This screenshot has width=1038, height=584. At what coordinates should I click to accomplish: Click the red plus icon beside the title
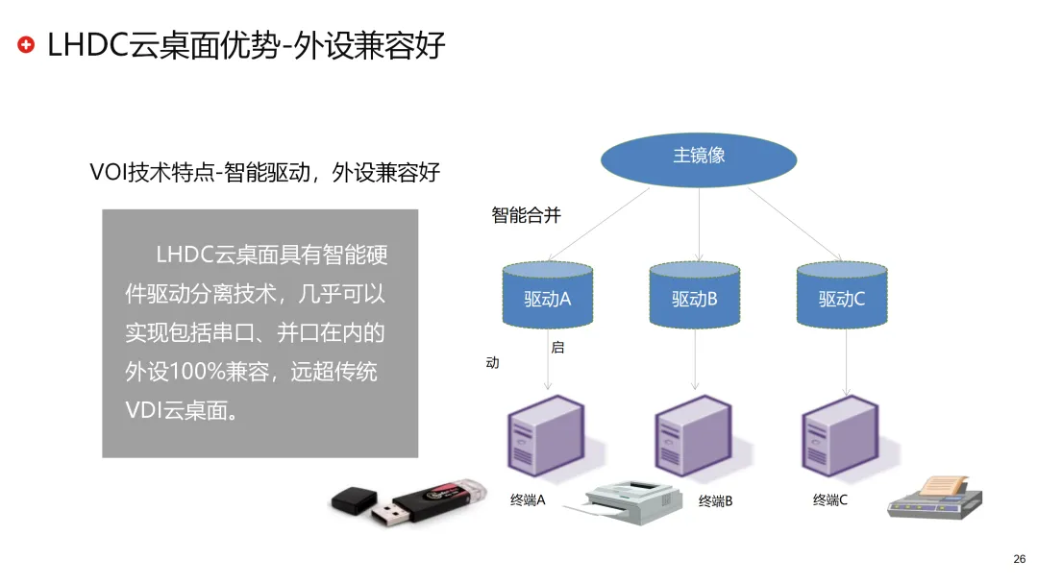27,45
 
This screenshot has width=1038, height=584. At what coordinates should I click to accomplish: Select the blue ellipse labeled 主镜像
699,156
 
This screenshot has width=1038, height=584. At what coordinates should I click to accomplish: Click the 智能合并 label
526,215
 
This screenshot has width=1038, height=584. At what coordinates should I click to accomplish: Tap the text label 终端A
528,500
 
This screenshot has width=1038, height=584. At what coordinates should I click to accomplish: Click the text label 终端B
715,501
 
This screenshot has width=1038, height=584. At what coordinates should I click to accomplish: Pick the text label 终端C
829,499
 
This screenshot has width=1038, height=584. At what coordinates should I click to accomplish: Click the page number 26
1019,559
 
